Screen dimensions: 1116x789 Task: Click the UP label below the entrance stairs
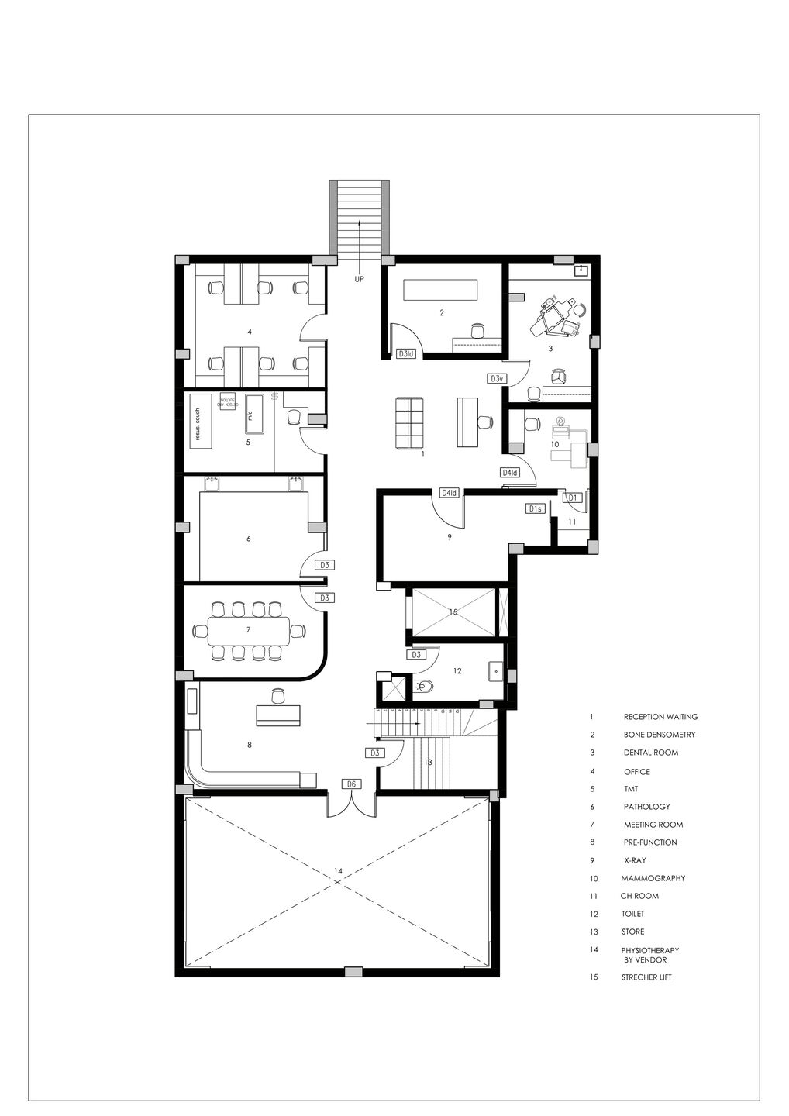359,278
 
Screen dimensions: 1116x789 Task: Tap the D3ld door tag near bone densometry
406,354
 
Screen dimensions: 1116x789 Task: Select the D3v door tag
497,378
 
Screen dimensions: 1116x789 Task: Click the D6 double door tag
351,784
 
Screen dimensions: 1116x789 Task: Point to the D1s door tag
534,508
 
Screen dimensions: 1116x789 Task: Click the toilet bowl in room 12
423,686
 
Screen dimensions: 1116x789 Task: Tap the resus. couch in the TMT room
198,425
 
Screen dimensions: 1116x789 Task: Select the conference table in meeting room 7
248,630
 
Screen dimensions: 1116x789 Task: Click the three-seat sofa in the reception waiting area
408,422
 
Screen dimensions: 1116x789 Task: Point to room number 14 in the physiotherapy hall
338,871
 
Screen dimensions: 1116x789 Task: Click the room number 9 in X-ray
449,536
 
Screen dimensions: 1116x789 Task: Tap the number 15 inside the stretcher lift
453,611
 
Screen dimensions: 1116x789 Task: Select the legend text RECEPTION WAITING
660,717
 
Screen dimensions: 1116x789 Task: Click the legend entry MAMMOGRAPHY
653,878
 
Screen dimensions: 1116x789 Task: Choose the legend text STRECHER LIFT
646,977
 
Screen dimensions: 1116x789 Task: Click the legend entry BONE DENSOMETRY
659,735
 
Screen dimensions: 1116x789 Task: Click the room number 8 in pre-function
249,745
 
